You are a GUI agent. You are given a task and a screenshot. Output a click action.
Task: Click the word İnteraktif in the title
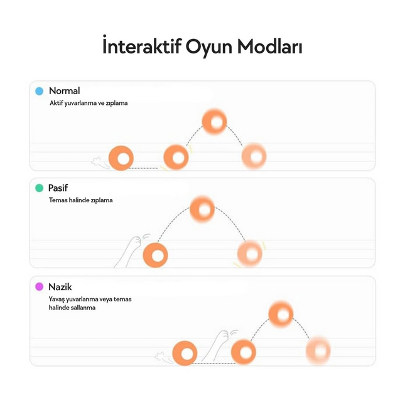[142, 46]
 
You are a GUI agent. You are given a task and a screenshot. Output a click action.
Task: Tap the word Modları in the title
[269, 46]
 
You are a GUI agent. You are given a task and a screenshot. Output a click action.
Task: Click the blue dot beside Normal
[40, 91]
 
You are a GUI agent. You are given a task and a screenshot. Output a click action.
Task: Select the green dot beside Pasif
[40, 188]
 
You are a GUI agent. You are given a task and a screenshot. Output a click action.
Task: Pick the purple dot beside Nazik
[40, 286]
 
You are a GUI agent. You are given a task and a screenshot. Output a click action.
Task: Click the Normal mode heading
[64, 91]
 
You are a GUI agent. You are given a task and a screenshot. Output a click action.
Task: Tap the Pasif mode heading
[58, 188]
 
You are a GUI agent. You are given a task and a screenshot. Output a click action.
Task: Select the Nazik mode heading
[60, 287]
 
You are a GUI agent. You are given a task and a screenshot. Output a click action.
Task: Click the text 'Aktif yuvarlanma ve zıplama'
[89, 103]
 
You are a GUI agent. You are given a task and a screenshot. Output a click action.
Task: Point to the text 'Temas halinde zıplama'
[81, 200]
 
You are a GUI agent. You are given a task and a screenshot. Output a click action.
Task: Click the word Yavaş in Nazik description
[57, 299]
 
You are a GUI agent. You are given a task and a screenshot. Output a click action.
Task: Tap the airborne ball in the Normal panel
[214, 121]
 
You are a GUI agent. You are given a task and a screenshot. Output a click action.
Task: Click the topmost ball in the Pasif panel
[202, 209]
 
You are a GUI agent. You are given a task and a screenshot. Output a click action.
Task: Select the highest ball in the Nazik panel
[281, 314]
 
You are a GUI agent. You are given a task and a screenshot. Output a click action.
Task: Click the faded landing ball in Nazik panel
[318, 350]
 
